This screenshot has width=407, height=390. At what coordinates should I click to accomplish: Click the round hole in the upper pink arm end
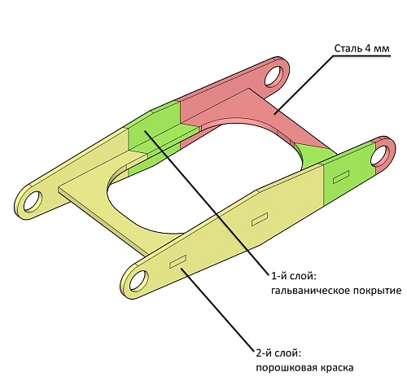pyautogui.click(x=274, y=76)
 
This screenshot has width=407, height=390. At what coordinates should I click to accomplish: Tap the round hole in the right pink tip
pyautogui.click(x=380, y=156)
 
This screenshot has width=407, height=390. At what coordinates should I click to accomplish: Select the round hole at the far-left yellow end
pyautogui.click(x=33, y=202)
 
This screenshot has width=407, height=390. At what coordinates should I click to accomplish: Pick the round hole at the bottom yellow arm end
pyautogui.click(x=139, y=280)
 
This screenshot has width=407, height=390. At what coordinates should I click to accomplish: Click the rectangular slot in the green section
pyautogui.click(x=341, y=177)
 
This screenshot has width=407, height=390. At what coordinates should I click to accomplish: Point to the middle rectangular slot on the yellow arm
pyautogui.click(x=260, y=219)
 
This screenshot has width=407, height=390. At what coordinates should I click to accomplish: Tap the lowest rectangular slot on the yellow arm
pyautogui.click(x=178, y=261)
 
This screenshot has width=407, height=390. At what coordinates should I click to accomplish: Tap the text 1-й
pyautogui.click(x=279, y=277)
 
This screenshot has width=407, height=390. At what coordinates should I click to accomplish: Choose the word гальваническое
pyautogui.click(x=310, y=291)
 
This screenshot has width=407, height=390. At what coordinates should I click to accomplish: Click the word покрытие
pyautogui.click(x=377, y=291)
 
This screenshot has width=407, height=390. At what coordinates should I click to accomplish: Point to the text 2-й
pyautogui.click(x=264, y=354)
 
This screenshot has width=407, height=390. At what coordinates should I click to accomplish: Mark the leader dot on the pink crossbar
pyautogui.click(x=274, y=113)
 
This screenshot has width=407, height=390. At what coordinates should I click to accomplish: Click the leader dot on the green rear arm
pyautogui.click(x=146, y=131)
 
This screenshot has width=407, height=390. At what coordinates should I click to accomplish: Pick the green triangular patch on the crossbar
pyautogui.click(x=312, y=155)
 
